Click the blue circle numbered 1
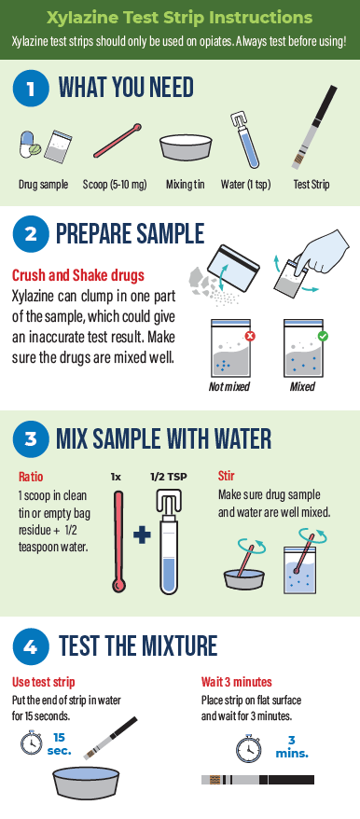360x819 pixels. [31, 89]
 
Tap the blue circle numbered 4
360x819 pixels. [31, 646]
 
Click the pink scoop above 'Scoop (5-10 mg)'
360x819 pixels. [118, 141]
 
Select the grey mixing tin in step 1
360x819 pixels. [186, 147]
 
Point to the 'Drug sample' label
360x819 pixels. [43, 185]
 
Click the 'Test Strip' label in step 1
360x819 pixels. [312, 185]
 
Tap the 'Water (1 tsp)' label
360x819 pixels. [245, 185]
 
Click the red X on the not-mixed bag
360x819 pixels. [250, 336]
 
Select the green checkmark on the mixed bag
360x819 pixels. [323, 336]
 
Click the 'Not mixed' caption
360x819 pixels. [228, 386]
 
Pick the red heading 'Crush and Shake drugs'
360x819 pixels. [77, 275]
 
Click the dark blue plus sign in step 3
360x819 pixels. [142, 536]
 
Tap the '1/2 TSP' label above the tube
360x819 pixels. [169, 477]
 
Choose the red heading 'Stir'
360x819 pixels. [227, 476]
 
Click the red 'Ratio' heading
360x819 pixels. [31, 477]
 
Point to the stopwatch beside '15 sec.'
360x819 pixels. [32, 743]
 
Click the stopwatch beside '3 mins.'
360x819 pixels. [248, 748]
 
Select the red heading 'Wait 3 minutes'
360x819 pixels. [237, 682]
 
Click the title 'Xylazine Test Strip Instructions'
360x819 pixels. [180, 18]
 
